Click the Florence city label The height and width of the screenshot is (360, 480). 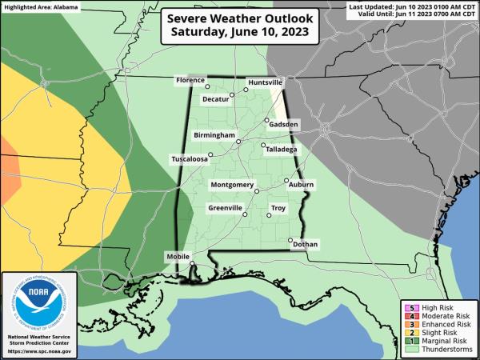(x=191, y=81)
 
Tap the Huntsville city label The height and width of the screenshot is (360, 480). (x=265, y=82)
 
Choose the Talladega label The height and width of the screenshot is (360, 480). (x=281, y=149)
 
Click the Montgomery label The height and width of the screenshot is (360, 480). (x=231, y=185)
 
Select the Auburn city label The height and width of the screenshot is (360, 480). (x=301, y=185)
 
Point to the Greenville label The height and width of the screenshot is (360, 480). (x=225, y=208)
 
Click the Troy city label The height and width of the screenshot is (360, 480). (x=278, y=208)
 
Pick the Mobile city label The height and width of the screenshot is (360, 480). (x=178, y=256)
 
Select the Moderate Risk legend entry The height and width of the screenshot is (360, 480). (x=437, y=317)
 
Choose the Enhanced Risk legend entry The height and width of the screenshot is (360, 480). (x=437, y=326)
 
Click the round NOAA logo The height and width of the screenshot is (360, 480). (x=39, y=301)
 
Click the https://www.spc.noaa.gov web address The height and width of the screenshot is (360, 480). (x=39, y=351)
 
